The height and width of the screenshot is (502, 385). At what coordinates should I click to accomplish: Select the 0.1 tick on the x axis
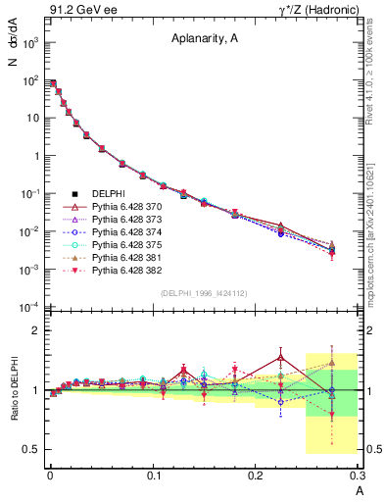[153, 476]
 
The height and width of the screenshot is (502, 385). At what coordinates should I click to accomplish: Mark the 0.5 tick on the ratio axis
[32, 449]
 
